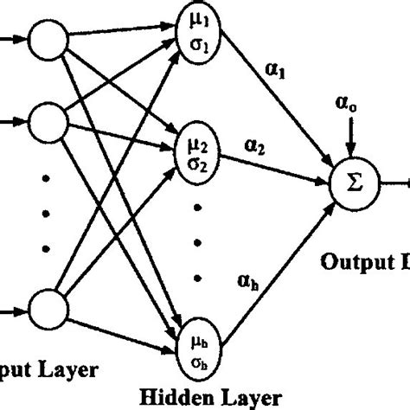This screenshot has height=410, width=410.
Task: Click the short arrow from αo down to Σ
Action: click(349, 138)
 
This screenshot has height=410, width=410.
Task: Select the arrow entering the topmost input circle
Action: click(12, 38)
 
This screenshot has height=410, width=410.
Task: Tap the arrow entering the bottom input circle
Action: click(12, 309)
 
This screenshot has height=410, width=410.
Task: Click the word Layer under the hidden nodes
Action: click(256, 397)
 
